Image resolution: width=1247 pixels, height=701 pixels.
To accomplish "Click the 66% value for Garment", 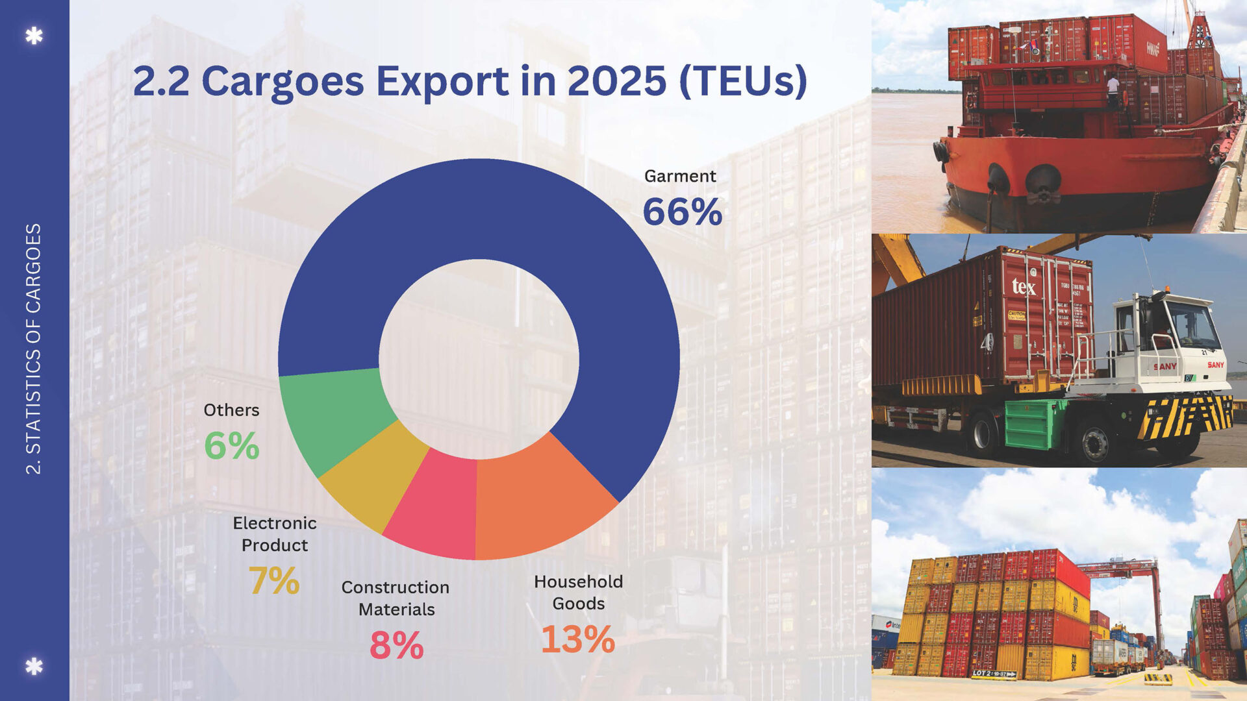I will pos(682,212).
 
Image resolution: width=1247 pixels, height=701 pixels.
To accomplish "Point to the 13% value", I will pos(577,639).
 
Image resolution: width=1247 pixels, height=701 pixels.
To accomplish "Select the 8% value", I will pos(396,645).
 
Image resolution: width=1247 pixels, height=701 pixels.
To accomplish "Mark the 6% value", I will pos(231,446).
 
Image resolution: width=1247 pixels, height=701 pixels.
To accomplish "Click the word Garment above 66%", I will pos(680,176).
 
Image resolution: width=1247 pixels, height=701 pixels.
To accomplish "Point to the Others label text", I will pos(231,410).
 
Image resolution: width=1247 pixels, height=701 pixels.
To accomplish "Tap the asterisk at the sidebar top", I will pos(34,35).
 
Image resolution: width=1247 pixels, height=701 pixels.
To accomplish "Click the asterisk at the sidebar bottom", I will pos(34,666).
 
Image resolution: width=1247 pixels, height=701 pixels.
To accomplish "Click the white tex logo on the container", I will pos(1024,286).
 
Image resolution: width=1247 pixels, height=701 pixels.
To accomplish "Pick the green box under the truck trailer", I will pos(1034,424).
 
